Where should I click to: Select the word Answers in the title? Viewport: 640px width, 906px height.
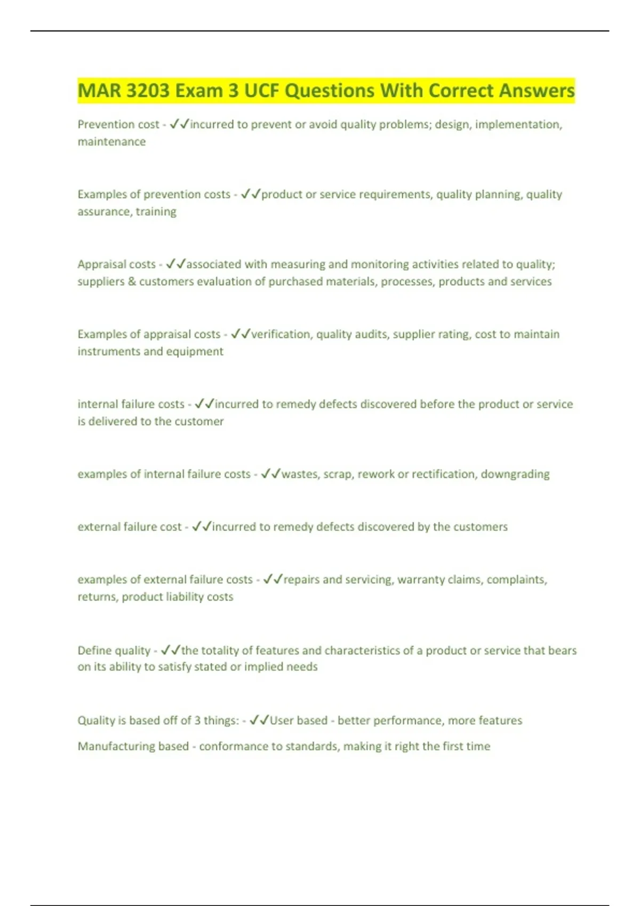(537, 91)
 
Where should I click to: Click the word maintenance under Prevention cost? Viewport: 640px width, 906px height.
(111, 142)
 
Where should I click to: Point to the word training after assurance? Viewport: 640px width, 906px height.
(156, 212)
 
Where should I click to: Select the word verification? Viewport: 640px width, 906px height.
(282, 334)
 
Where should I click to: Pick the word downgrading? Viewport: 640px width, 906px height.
(515, 474)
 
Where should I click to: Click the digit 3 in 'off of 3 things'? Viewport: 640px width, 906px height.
(197, 721)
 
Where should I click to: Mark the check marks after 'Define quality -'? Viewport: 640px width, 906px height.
(171, 650)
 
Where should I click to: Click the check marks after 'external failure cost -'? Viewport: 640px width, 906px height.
(202, 527)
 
